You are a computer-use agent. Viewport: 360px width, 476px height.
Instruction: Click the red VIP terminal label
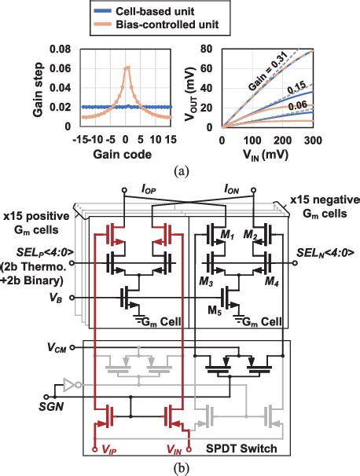[x=104, y=453]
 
